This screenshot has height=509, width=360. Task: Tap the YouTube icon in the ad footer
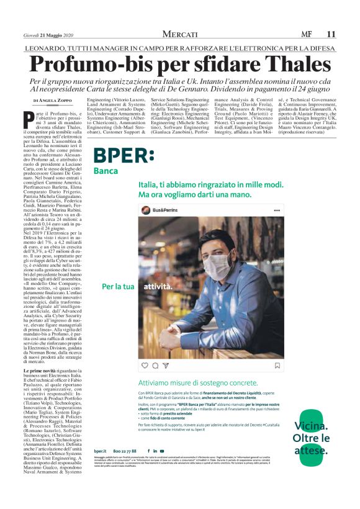[x=162, y=451]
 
